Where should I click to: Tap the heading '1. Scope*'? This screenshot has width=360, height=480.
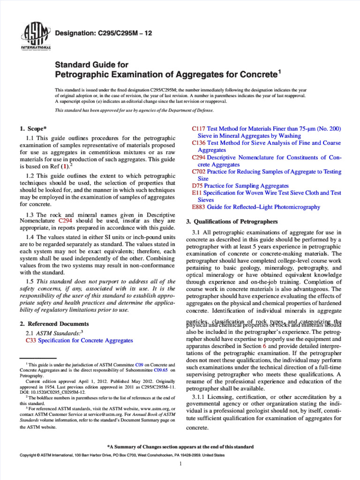click(33, 128)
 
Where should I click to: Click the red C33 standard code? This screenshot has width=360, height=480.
click(31, 340)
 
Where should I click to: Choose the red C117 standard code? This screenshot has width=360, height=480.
click(199, 128)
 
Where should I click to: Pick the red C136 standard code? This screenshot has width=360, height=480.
click(199, 142)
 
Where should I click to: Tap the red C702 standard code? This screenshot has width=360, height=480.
click(199, 172)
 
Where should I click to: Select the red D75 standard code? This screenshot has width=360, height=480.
click(197, 186)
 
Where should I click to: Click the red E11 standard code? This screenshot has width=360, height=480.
click(197, 193)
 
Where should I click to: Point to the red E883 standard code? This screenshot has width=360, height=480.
click(199, 207)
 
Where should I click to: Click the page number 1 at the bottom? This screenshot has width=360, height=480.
click(180, 464)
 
